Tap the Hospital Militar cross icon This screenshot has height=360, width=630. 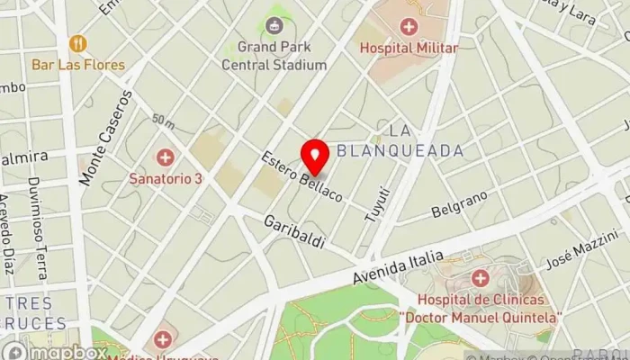[409, 27]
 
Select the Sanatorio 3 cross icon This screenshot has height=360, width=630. [166, 158]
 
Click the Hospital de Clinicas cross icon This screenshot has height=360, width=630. [480, 278]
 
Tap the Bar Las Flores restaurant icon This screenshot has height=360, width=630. [78, 43]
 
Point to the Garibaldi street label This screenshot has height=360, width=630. [294, 232]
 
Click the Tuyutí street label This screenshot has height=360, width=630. [380, 204]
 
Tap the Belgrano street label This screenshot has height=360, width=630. [459, 203]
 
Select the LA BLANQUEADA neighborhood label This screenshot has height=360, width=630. [400, 141]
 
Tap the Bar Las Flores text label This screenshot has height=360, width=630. [78, 65]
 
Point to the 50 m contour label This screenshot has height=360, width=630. [163, 120]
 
